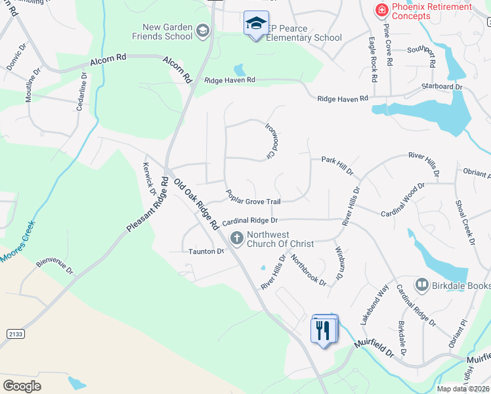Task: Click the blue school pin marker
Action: (x=255, y=24)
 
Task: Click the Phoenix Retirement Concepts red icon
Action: (x=381, y=11)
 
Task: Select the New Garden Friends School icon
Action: (x=203, y=31)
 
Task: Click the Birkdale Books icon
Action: (x=421, y=284)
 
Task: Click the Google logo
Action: (x=22, y=386)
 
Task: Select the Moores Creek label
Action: (x=18, y=242)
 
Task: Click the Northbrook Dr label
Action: (x=309, y=270)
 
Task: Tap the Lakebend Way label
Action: (x=374, y=305)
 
